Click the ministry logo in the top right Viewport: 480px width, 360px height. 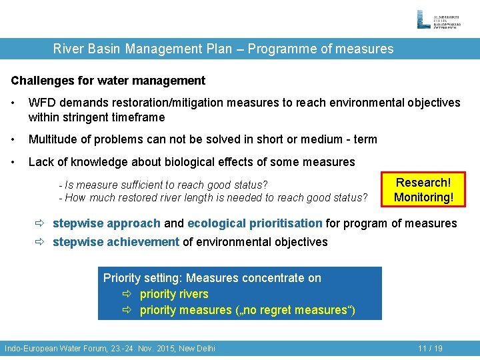(x=441, y=19)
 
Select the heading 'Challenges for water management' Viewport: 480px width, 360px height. (x=108, y=81)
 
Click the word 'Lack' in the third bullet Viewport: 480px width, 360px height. (x=41, y=162)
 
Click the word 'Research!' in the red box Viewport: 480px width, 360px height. (x=423, y=183)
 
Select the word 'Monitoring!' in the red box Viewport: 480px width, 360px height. (x=423, y=197)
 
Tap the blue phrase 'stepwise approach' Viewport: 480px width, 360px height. (x=107, y=223)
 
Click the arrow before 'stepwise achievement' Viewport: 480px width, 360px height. (x=41, y=242)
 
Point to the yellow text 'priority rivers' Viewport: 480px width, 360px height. (x=174, y=294)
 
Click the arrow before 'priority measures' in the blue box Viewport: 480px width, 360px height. (x=128, y=310)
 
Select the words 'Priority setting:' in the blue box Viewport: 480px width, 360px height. (x=143, y=278)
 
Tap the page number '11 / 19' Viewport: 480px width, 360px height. (x=430, y=348)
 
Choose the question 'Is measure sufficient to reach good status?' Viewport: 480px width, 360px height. (x=163, y=185)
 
